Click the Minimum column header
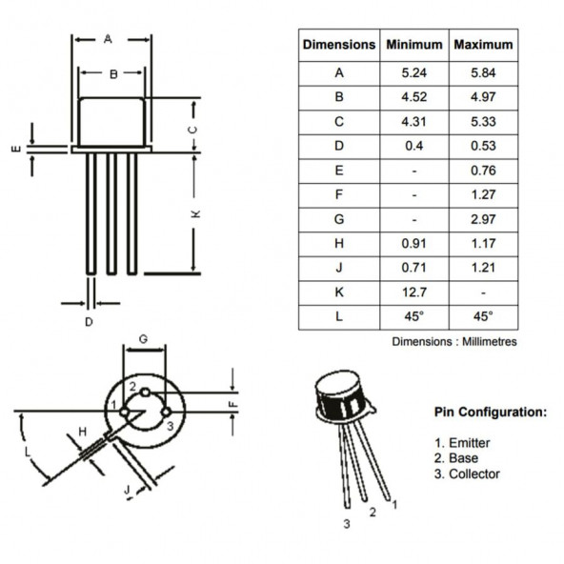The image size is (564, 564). point(414,45)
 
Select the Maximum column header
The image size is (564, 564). point(483,45)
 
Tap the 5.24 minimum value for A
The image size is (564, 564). point(414,73)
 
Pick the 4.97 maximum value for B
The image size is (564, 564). point(483,97)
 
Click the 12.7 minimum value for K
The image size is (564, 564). point(414,292)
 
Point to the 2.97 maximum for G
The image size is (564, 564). point(483,219)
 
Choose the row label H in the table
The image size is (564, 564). point(339,244)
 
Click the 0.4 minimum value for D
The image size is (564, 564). point(414,146)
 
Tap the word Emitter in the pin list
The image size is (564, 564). point(470,443)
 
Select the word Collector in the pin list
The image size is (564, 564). point(474,474)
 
